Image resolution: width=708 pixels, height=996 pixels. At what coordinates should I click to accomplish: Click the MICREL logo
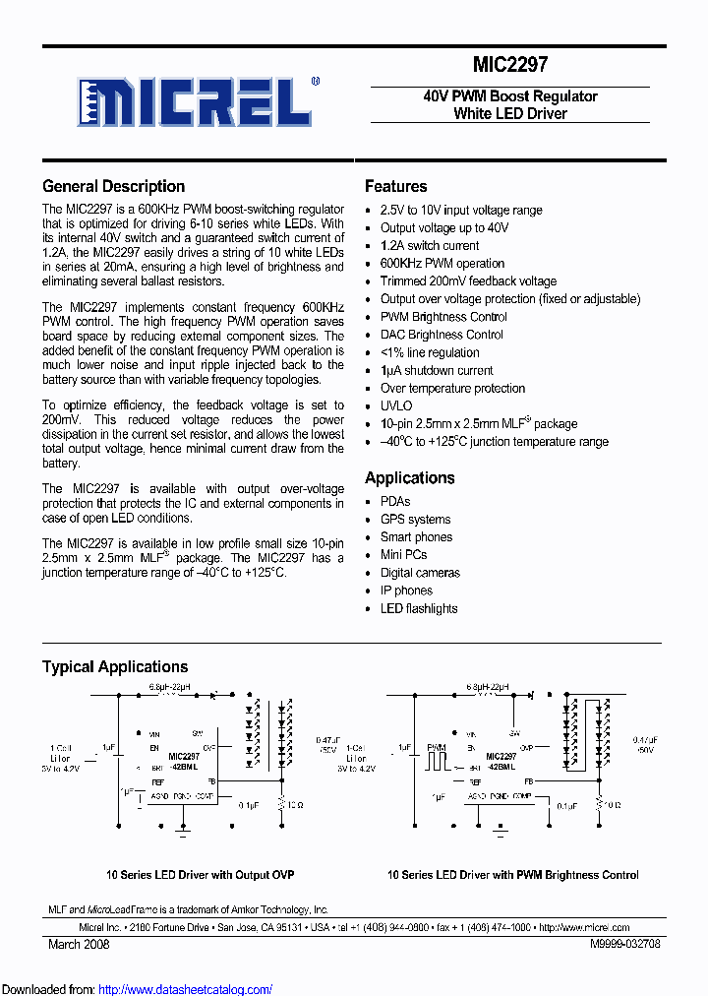point(197,101)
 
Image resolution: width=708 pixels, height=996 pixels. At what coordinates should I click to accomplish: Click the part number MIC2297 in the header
point(510,65)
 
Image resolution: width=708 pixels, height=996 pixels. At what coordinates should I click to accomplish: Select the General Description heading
point(113,186)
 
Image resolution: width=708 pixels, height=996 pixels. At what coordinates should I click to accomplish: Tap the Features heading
point(395,186)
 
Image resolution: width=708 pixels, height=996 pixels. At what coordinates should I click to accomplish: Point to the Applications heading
point(409,478)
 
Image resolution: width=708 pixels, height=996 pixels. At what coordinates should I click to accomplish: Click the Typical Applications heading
point(115,666)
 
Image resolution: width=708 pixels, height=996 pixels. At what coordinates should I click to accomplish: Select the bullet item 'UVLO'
point(396,405)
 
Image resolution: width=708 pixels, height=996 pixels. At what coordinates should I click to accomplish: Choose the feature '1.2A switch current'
point(430,245)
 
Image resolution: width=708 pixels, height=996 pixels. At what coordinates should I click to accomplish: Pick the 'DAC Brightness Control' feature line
point(442,335)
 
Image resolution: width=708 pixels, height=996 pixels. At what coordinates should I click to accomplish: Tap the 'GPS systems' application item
point(415,520)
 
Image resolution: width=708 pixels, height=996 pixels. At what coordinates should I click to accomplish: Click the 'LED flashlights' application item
point(419,608)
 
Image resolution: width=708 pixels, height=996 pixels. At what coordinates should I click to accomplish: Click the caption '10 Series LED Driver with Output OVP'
point(200,875)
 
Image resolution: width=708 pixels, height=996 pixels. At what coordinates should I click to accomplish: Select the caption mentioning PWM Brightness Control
point(512,875)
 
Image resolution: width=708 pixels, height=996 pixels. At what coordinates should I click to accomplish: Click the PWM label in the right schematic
point(436,749)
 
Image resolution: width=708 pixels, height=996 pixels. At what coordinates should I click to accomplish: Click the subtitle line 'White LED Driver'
point(509,114)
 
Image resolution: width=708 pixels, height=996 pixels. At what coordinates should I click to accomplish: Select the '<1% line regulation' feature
point(430,352)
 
